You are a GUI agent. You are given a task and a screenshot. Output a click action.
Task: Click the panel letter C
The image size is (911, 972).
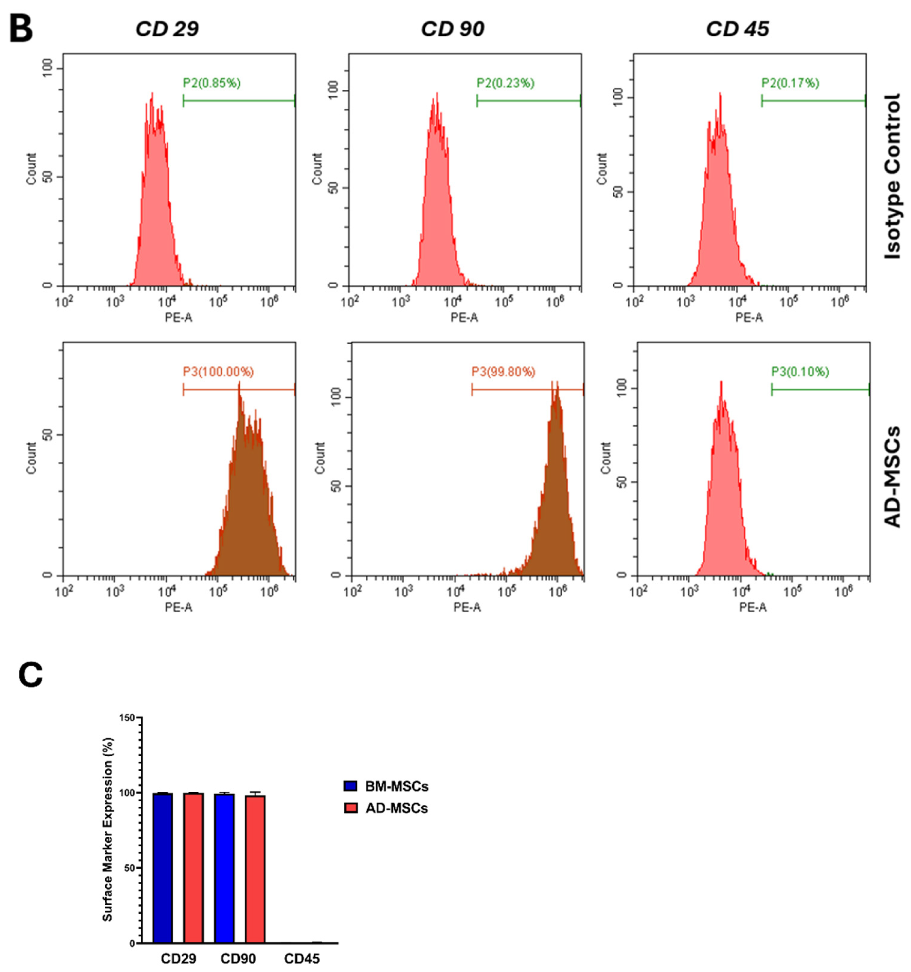(30, 675)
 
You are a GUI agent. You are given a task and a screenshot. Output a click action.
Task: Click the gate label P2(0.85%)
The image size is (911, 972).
(212, 83)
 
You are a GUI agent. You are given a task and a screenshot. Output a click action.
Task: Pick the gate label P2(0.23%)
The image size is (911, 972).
(505, 83)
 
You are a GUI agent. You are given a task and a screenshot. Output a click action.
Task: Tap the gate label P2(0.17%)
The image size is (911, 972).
(790, 83)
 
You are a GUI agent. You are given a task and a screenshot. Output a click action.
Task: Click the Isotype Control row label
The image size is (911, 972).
(892, 176)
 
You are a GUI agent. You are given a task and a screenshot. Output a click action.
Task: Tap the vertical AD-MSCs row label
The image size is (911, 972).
(892, 477)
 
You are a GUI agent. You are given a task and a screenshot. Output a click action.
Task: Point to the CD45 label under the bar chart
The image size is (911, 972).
(302, 959)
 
